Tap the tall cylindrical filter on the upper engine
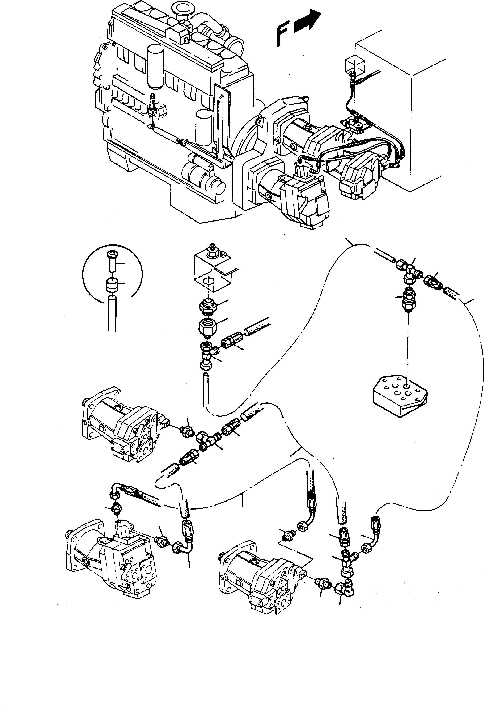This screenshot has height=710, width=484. click(x=155, y=67)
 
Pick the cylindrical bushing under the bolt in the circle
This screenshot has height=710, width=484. click(x=112, y=285)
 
